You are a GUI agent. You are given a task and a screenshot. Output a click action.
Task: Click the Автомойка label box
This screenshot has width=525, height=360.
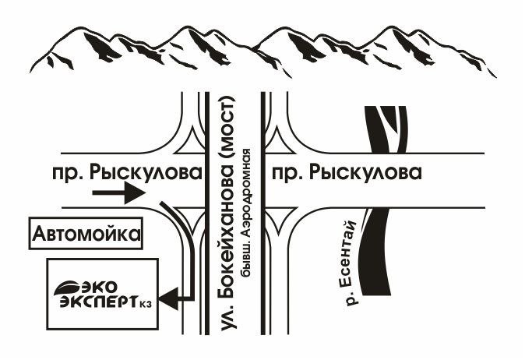coord(87,233)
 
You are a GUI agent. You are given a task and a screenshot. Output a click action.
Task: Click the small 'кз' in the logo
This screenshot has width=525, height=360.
coord(146,304)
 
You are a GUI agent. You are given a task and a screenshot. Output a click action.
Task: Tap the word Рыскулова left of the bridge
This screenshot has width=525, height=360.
coord(148,173)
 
